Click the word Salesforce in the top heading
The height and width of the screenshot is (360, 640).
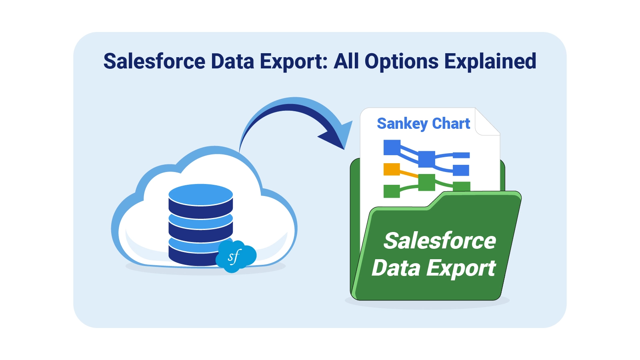pos(154,61)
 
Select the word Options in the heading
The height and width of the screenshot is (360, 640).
pos(402,61)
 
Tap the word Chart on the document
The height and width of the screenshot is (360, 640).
pos(451,124)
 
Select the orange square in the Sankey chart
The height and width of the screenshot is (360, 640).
pos(392,169)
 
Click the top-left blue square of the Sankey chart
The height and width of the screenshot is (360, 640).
pos(392,147)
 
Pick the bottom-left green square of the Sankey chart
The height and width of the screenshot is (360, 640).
pos(392,191)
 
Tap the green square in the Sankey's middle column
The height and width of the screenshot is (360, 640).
pos(426,182)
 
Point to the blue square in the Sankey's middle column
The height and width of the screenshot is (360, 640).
pos(426,159)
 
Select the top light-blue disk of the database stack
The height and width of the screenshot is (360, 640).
pos(200,194)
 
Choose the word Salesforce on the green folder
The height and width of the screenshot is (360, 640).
pos(440,241)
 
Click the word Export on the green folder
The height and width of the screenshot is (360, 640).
pos(461,268)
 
